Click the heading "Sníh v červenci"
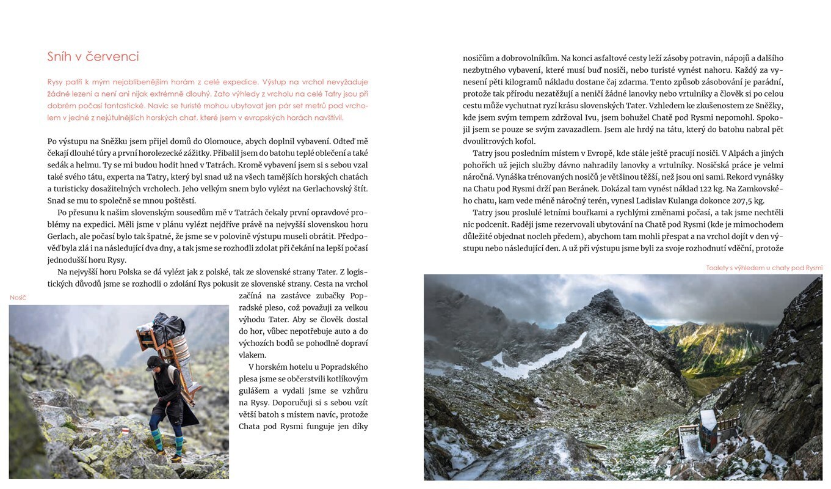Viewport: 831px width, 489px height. [x=93, y=57]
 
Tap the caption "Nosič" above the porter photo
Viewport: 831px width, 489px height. [x=18, y=298]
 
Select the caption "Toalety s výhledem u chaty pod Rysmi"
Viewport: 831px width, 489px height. [x=764, y=268]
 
